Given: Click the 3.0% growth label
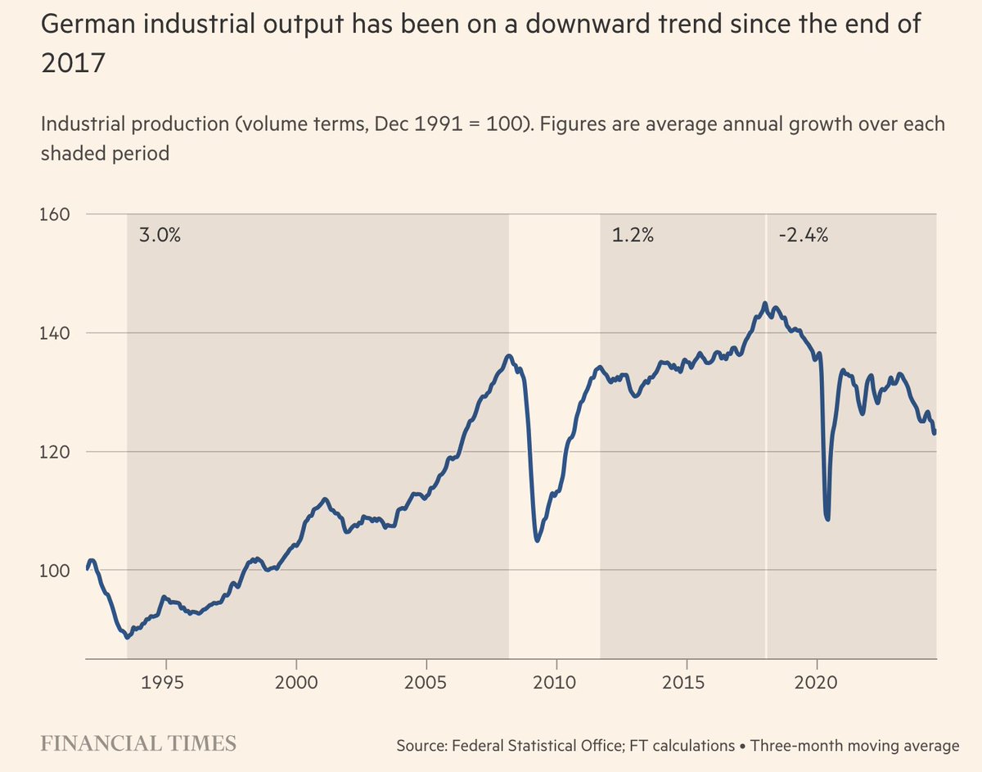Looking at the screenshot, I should point(159,236).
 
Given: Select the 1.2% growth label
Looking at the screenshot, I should point(633,236).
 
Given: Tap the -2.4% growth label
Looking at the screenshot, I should point(803,236).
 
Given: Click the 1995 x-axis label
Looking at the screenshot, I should point(166,683).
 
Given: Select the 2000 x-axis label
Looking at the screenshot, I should point(296,683).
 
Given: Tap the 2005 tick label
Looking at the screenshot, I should point(426,683).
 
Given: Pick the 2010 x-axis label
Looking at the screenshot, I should point(556,683).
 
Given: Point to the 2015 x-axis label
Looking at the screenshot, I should point(687,683).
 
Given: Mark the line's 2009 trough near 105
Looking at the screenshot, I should point(537,540).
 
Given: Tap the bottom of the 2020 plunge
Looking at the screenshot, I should point(827,518).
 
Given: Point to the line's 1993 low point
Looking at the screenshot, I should point(127,637).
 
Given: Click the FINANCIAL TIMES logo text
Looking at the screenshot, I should point(139,743).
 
